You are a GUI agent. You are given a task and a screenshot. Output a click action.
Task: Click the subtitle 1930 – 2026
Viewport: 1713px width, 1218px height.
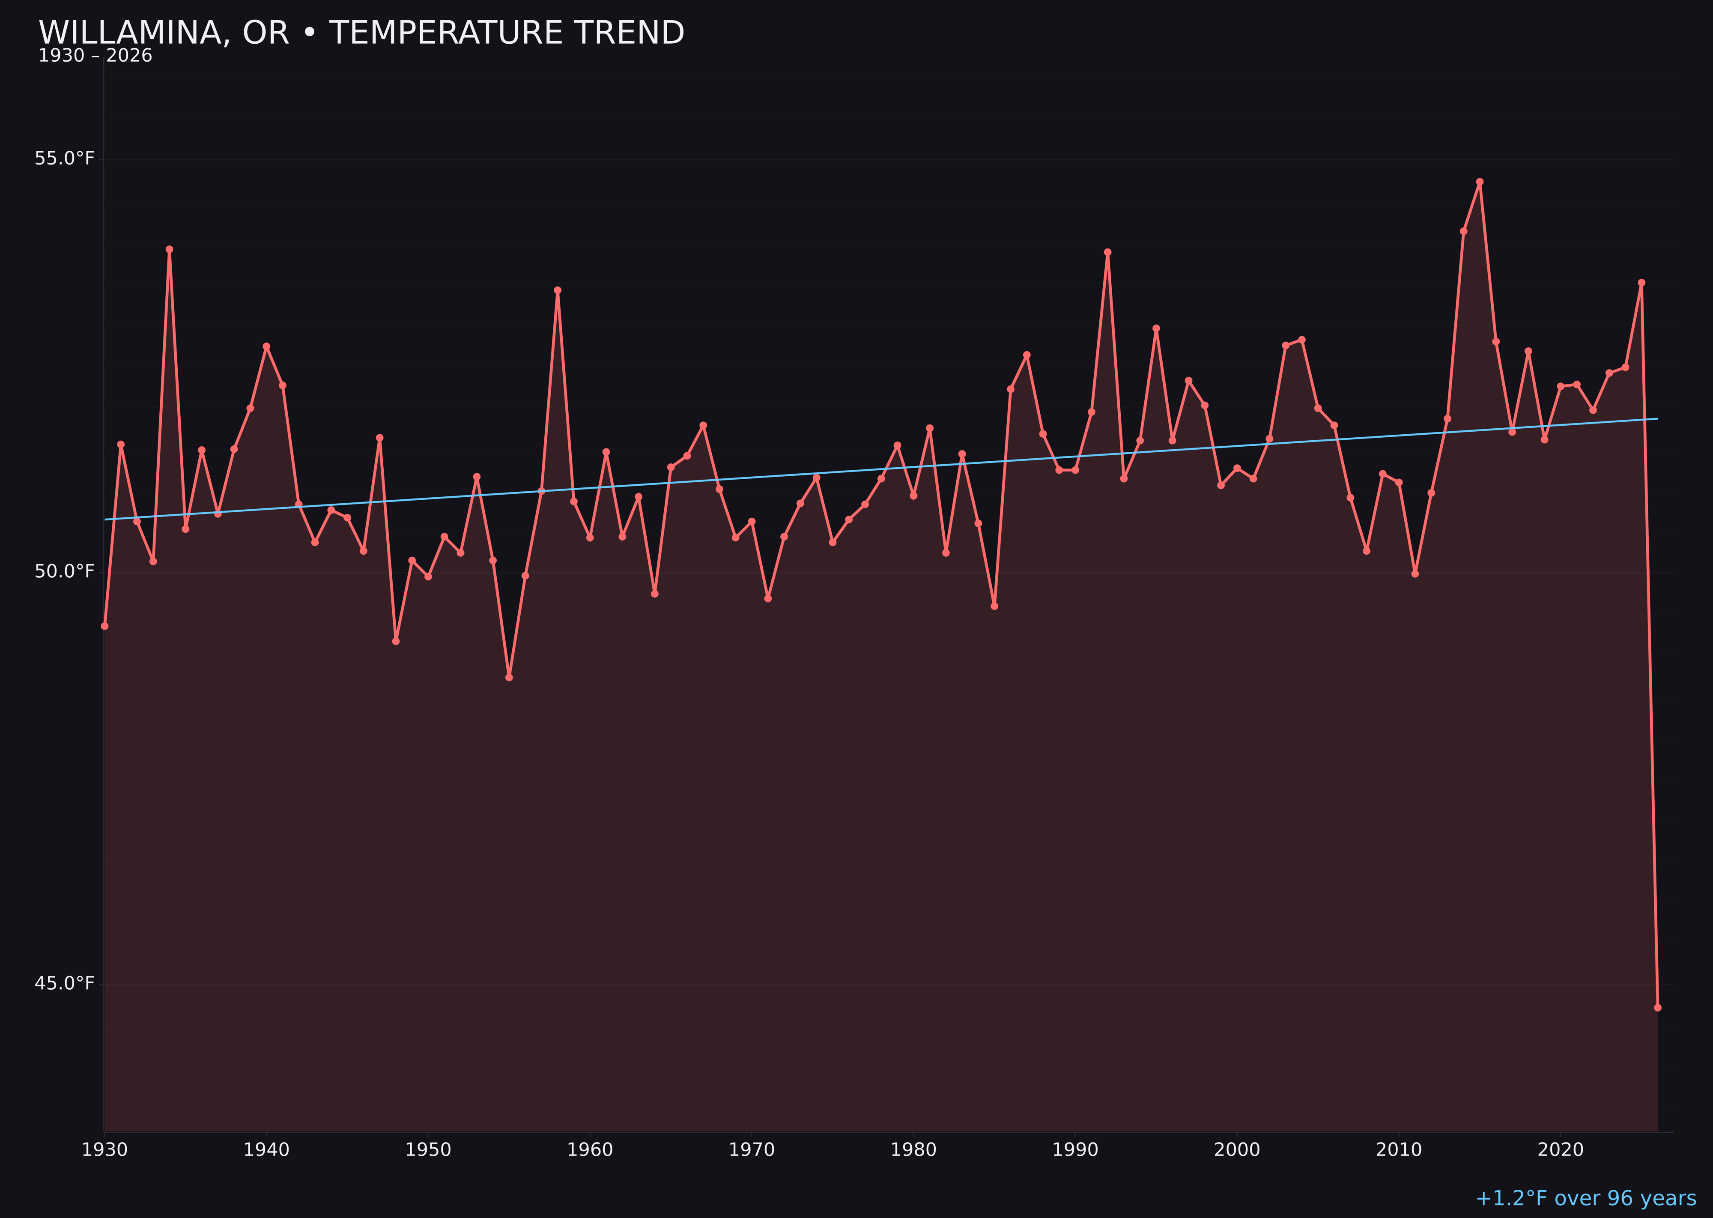tap(95, 56)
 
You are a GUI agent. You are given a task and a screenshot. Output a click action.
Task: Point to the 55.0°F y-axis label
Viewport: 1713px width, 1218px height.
tap(65, 159)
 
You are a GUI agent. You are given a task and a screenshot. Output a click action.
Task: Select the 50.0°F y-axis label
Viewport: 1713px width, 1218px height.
tap(65, 571)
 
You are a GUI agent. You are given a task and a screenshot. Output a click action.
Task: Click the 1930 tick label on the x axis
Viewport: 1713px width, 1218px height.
tap(104, 1150)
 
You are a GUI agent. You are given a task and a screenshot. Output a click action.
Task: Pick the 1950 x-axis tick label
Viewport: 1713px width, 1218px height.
tap(428, 1150)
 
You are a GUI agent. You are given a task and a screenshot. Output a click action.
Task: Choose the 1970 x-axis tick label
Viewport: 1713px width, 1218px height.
tap(752, 1150)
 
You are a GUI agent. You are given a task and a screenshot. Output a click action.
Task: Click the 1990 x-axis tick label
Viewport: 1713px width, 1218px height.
tap(1075, 1150)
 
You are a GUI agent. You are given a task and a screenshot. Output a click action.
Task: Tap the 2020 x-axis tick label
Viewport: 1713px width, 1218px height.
tap(1561, 1150)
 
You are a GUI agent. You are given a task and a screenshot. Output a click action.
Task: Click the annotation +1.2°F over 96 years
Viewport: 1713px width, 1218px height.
tap(1585, 1198)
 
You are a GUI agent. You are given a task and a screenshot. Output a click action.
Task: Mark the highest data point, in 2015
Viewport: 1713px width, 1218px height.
tap(1480, 182)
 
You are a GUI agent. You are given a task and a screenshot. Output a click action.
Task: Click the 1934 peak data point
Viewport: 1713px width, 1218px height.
tap(170, 249)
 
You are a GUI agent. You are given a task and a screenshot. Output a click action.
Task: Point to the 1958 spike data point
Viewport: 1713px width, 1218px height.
tap(557, 290)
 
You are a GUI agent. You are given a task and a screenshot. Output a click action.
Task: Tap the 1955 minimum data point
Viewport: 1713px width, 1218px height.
tap(509, 677)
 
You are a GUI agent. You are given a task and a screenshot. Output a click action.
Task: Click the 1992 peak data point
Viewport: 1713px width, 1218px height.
tap(1108, 252)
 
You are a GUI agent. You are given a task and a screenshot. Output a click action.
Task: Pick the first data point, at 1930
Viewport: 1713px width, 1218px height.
tap(104, 626)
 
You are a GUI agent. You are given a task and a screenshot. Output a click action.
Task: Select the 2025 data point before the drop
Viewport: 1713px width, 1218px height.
tap(1641, 283)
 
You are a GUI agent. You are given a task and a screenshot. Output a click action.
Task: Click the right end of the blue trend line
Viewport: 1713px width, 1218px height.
tap(1657, 418)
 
